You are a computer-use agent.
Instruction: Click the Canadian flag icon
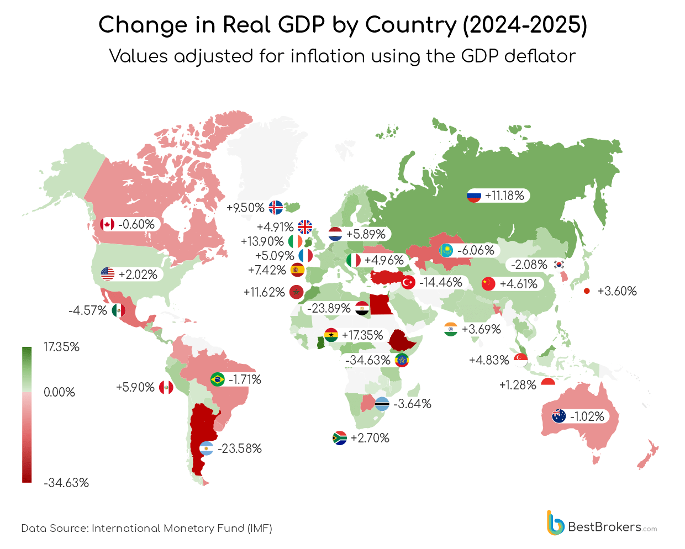click(107, 224)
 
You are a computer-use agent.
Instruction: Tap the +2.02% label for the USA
click(138, 274)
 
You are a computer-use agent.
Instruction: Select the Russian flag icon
click(474, 196)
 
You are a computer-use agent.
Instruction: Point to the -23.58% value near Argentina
click(240, 448)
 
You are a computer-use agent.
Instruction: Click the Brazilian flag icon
click(218, 379)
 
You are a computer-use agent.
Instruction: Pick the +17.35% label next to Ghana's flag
click(362, 335)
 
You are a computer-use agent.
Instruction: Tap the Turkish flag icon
click(408, 283)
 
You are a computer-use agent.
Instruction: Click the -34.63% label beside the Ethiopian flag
click(367, 360)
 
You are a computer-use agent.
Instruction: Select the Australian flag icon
click(559, 416)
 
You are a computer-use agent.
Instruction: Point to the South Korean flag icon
click(559, 265)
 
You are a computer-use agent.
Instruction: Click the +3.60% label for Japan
click(617, 291)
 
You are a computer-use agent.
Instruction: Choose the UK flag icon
click(305, 227)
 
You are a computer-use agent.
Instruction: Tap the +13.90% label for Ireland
click(262, 241)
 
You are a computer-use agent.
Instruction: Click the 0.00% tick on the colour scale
click(59, 392)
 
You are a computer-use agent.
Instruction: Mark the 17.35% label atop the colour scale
click(61, 347)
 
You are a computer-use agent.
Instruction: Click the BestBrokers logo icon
click(555, 522)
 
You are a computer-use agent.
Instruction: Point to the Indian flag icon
click(451, 330)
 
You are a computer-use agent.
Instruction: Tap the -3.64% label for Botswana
click(412, 404)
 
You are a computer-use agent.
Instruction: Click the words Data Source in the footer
click(54, 529)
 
